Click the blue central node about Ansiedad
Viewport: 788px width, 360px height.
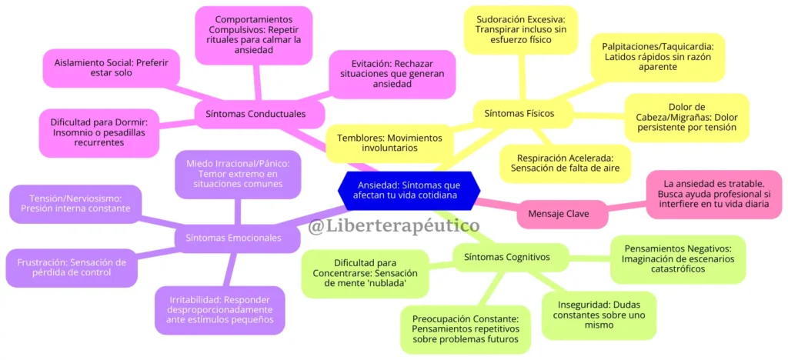point(409,188)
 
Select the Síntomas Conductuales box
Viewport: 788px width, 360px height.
point(255,114)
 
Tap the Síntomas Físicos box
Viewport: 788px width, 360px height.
point(519,113)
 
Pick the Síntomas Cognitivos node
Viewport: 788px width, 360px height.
point(507,257)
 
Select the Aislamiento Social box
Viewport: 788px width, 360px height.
point(112,67)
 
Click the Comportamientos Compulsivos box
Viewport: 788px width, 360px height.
point(254,35)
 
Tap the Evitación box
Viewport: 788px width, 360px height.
point(392,75)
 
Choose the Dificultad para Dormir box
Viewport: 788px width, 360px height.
point(99,133)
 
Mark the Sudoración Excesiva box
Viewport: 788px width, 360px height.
point(521,30)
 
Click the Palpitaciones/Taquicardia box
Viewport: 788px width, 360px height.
point(657,57)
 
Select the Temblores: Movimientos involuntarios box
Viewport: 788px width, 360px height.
point(389,143)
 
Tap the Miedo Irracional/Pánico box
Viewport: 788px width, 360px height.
point(239,174)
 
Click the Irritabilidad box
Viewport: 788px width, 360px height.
point(221,310)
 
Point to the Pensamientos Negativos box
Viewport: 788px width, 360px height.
point(678,259)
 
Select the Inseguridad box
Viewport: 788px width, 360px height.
point(599,315)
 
